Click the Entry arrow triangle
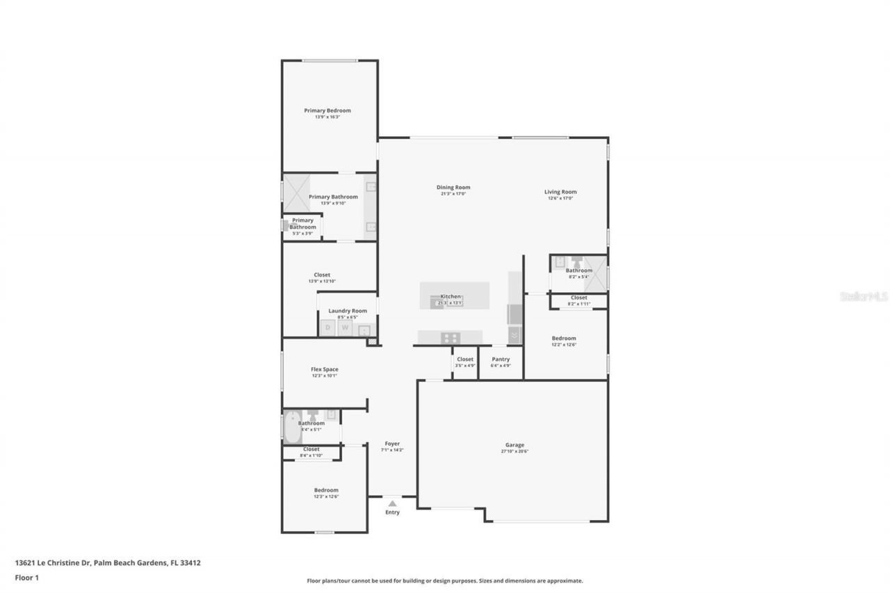pyautogui.click(x=392, y=503)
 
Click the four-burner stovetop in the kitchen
pyautogui.click(x=451, y=338)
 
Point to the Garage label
pyautogui.click(x=515, y=445)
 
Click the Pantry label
pyautogui.click(x=501, y=359)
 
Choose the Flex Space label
pyautogui.click(x=324, y=369)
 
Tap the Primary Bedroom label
pyautogui.click(x=327, y=111)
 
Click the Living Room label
pyautogui.click(x=560, y=192)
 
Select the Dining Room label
pyautogui.click(x=453, y=187)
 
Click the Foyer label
pyautogui.click(x=392, y=444)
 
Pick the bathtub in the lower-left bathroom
pyautogui.click(x=292, y=428)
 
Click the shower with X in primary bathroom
pyautogui.click(x=296, y=193)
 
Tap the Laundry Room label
pyautogui.click(x=348, y=311)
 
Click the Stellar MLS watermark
pyautogui.click(x=864, y=296)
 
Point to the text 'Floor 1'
pyautogui.click(x=27, y=577)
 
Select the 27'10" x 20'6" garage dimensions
pyautogui.click(x=515, y=452)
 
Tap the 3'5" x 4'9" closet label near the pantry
pyautogui.click(x=465, y=366)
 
